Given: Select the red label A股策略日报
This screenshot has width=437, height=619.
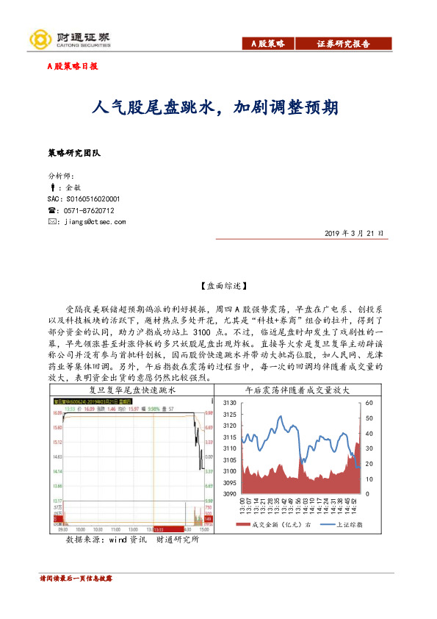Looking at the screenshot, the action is pos(73,66).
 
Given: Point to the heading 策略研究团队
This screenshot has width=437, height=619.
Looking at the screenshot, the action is pos(73,153).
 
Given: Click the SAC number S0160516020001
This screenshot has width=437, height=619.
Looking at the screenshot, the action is pos(83,198).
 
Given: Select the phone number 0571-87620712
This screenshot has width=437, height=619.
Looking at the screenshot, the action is pos(89,210).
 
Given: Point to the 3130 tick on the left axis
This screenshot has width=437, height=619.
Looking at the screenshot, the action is pos(229,403).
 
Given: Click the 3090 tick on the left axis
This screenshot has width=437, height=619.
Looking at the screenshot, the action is pos(229,494).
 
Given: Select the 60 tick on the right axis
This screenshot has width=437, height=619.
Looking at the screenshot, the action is pos(369,403).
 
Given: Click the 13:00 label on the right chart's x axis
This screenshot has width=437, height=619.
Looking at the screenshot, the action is pos(242,505).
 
